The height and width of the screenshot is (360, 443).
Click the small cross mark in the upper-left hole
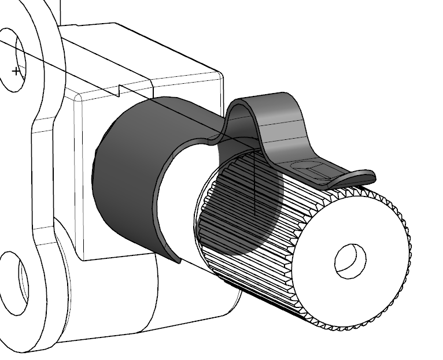(16, 71)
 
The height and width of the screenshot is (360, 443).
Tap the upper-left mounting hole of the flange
(14, 61)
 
